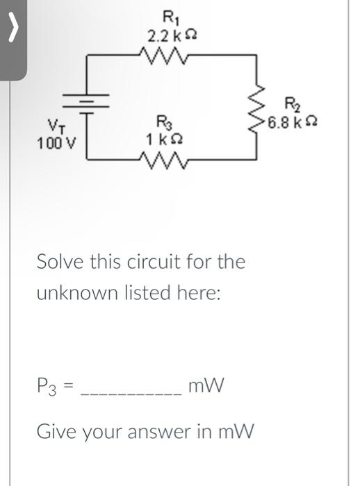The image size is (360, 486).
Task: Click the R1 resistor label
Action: pyautogui.click(x=169, y=17)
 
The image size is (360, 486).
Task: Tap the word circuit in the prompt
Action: pyautogui.click(x=174, y=262)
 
